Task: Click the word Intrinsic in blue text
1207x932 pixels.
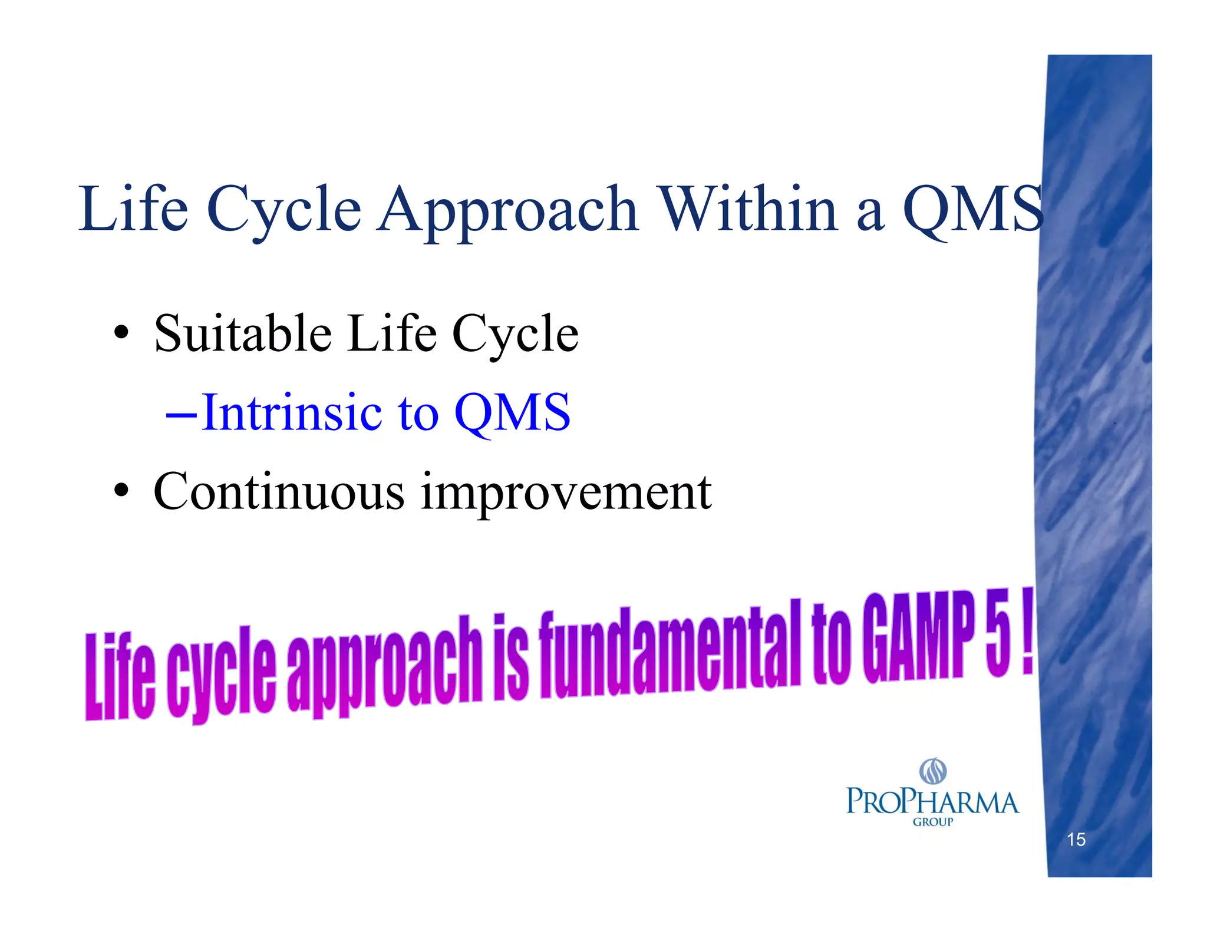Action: pyautogui.click(x=292, y=412)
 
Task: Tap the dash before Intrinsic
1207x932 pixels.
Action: pyautogui.click(x=181, y=415)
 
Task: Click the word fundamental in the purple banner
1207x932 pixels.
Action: pyautogui.click(x=669, y=651)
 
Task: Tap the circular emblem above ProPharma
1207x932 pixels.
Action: pyautogui.click(x=933, y=771)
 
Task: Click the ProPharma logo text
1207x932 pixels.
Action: pyautogui.click(x=932, y=802)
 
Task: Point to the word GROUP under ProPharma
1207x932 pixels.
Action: pyautogui.click(x=932, y=822)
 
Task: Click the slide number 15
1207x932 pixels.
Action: pyautogui.click(x=1076, y=839)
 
